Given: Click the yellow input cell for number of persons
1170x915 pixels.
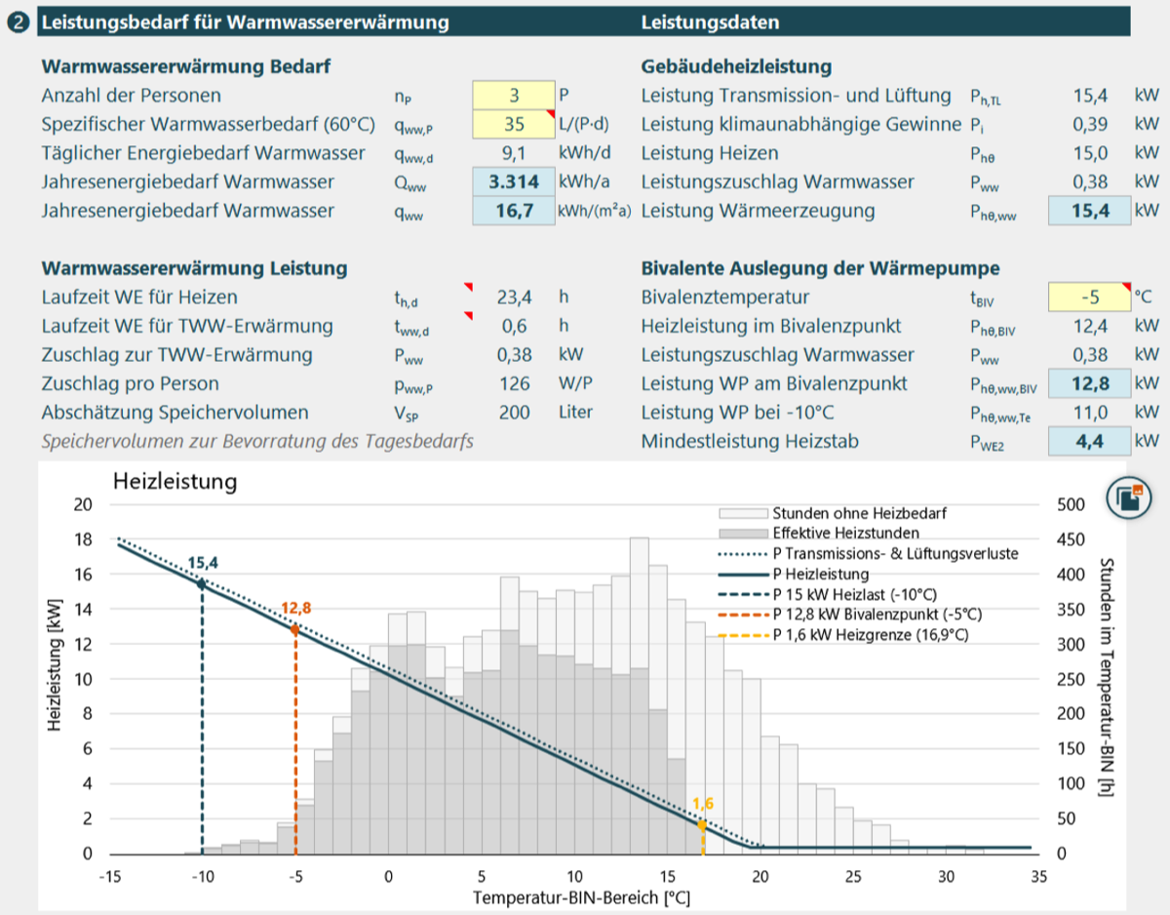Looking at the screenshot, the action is tap(514, 96).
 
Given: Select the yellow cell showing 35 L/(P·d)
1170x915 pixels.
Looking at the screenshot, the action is tap(514, 125).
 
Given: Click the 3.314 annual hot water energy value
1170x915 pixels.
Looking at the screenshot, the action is tap(514, 182).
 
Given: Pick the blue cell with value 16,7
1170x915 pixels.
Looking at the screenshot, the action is tap(514, 211).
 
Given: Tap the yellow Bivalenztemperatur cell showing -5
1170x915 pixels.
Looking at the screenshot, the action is tap(1089, 298).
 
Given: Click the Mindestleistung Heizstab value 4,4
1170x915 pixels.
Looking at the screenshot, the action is tap(1089, 442).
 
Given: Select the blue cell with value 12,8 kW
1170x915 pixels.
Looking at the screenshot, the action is tap(1089, 383).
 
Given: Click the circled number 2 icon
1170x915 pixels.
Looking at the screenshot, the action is tap(19, 22).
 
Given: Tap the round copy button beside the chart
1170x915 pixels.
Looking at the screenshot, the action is tap(1128, 497).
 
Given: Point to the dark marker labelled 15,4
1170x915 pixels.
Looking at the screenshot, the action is tap(202, 583).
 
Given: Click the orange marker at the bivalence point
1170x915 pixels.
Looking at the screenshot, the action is tap(295, 629).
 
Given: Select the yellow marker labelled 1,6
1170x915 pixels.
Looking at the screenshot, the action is tap(702, 825).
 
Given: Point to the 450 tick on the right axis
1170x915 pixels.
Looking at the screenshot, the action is tap(1071, 539).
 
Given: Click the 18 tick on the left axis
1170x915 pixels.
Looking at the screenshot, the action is tap(83, 539).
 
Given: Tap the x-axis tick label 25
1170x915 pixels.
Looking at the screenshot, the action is tap(853, 877).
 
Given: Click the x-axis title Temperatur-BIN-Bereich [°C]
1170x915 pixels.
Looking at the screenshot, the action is tap(581, 898).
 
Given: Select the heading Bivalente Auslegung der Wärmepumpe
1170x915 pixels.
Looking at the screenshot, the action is tap(820, 268).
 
